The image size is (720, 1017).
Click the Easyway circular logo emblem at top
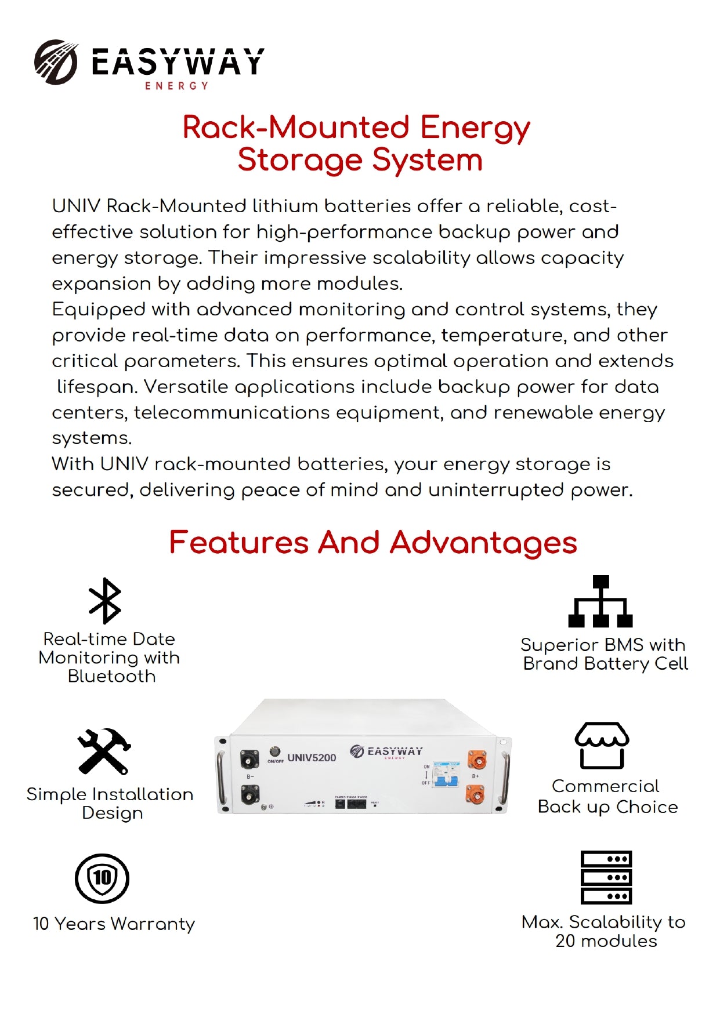click(56, 62)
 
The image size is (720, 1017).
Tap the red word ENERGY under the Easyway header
click(176, 86)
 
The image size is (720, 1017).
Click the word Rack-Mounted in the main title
click(296, 127)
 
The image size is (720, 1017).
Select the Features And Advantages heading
click(372, 543)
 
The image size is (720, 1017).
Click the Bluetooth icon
click(104, 601)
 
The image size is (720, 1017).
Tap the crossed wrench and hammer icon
click(104, 751)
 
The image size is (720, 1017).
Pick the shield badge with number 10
click(102, 878)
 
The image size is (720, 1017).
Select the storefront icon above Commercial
click(602, 746)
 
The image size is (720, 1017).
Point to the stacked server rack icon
click(606, 877)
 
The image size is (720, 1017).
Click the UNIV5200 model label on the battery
click(312, 758)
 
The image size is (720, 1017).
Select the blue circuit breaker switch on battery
click(446, 775)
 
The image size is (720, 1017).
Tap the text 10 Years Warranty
click(114, 924)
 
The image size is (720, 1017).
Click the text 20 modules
click(606, 941)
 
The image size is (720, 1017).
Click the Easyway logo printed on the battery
click(386, 752)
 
